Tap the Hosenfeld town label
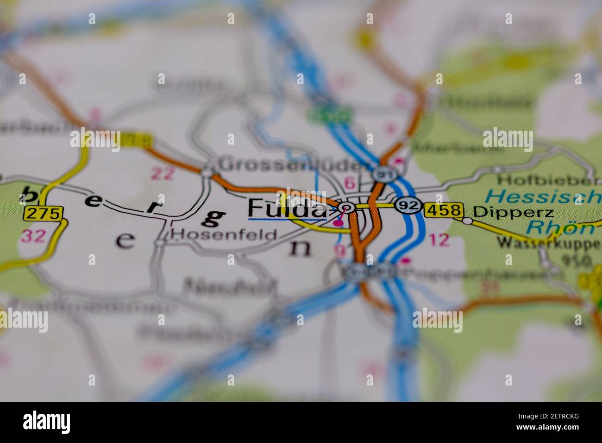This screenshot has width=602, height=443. (224, 234)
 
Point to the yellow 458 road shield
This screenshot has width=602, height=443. (444, 210)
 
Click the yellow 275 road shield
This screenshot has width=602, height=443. (43, 214)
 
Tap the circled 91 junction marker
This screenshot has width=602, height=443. (381, 174)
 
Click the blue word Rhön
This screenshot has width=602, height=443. (560, 227)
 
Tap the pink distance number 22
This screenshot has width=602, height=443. (163, 173)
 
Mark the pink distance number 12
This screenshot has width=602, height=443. (439, 240)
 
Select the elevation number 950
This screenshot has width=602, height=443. (576, 260)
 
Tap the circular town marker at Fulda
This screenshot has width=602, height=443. (346, 208)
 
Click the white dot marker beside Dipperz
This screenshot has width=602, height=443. (468, 221)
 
